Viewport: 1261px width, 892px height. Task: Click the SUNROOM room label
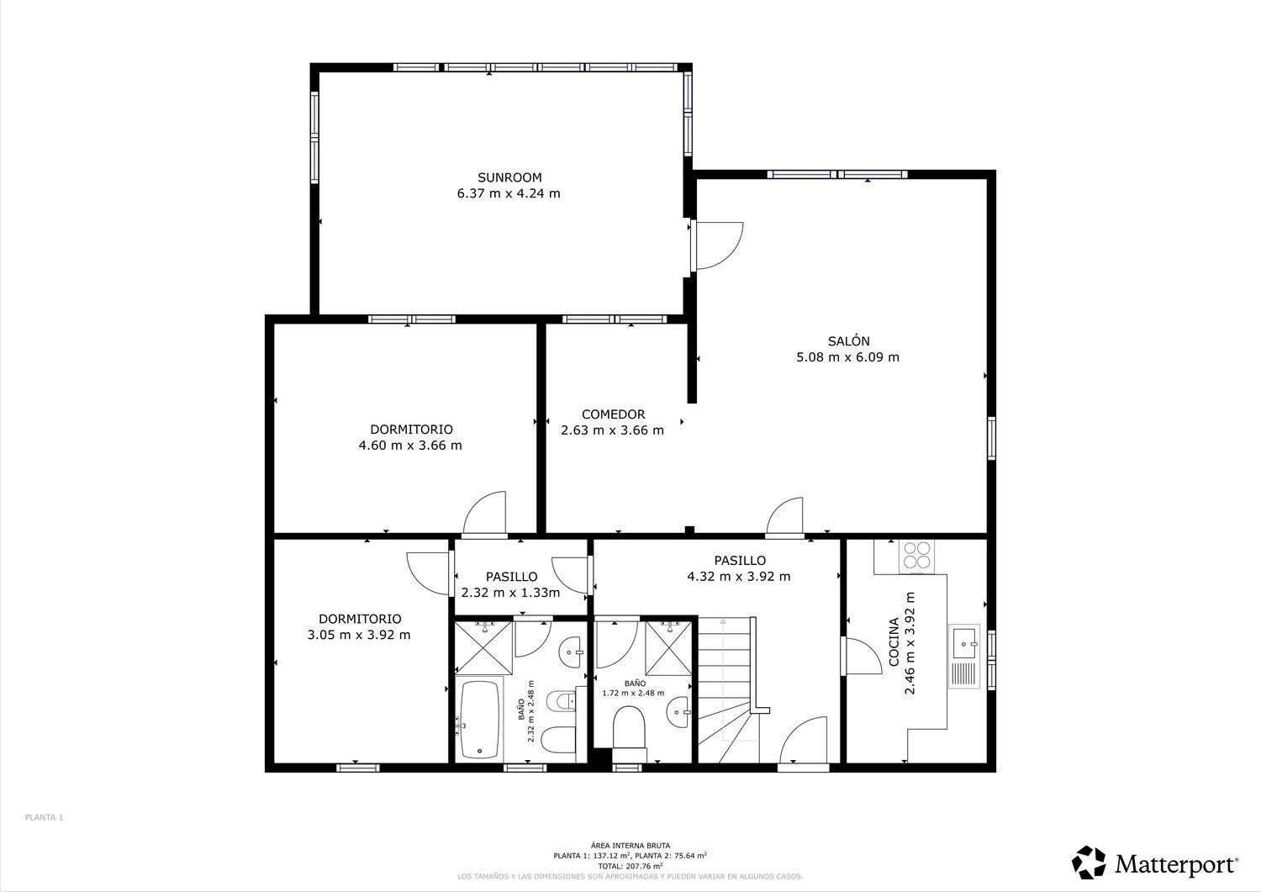(x=509, y=177)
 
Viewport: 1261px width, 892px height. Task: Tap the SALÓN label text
(x=848, y=340)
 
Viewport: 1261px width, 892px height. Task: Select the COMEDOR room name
(x=613, y=414)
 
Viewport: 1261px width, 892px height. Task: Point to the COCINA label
(x=894, y=642)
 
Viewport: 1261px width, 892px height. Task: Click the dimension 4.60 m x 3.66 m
(x=410, y=446)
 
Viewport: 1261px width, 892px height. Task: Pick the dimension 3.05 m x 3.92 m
(x=359, y=636)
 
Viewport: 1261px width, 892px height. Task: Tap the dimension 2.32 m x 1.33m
(x=510, y=593)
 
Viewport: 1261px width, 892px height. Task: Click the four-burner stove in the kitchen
(x=916, y=555)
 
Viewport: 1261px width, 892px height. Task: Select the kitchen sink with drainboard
(x=963, y=656)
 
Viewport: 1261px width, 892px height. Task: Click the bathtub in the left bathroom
(x=480, y=719)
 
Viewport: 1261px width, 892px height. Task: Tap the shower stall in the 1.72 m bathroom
(x=667, y=647)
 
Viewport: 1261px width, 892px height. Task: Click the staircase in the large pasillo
(x=728, y=690)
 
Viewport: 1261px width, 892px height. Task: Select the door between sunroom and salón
(x=715, y=246)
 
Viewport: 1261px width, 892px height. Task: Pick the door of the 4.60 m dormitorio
(x=484, y=513)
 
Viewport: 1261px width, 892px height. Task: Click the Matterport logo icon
(x=1089, y=862)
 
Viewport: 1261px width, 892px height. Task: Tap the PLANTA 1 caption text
(x=44, y=817)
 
